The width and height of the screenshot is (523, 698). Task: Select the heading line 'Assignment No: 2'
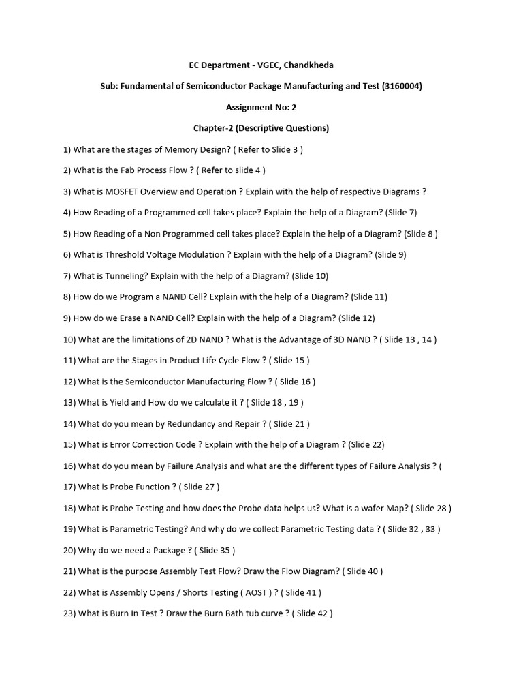(261, 107)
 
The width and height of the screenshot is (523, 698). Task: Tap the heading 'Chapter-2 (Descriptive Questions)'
(261, 128)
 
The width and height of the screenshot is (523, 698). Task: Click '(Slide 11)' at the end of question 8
(369, 297)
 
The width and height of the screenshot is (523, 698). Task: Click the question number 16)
(69, 466)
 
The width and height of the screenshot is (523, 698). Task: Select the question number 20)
(69, 550)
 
